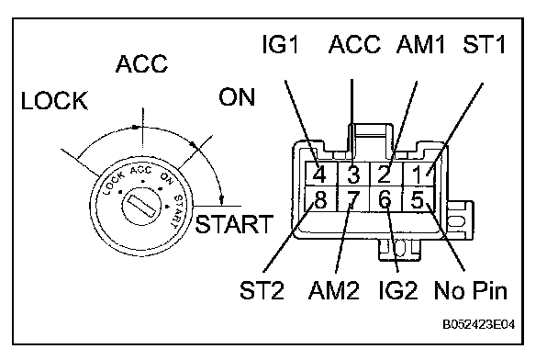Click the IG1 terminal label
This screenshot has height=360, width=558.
pos(280,44)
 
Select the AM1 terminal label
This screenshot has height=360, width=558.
pos(420,44)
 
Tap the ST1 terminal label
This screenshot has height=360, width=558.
pos(485,44)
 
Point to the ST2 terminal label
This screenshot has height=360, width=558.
pos(262,290)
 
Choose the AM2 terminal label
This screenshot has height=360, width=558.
pos(334,290)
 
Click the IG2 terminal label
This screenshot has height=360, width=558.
pos(398,290)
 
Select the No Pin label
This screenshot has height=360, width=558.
pos(471,290)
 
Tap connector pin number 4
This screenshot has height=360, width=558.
pos(319,174)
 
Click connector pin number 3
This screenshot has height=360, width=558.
pos(353,174)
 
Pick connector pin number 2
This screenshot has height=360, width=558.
pos(384,174)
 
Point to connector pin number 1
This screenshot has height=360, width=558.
pos(418,174)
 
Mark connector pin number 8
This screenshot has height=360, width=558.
pos(320,199)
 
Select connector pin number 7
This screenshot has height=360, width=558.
pos(352,199)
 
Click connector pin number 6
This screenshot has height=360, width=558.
pos(385,199)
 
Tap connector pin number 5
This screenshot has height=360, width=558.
pos(417,199)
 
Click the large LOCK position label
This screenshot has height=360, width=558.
pos(54,100)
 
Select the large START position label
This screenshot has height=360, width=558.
pos(234,224)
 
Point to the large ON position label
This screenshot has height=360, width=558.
pos(237,96)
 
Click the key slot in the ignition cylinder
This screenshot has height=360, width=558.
pos(142,206)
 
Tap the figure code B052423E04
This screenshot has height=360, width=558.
pos(479,324)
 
